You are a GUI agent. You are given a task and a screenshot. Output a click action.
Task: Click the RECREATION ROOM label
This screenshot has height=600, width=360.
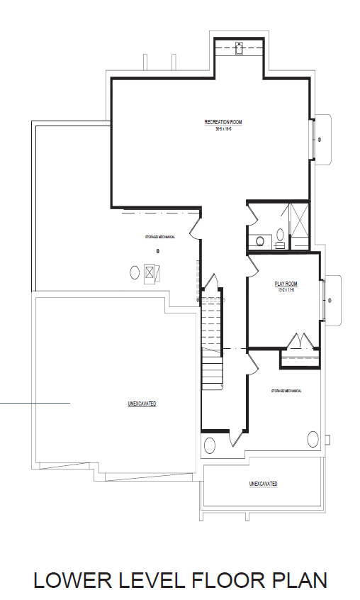coord(223,123)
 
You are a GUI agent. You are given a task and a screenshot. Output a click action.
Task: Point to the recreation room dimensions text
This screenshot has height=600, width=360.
coord(223,129)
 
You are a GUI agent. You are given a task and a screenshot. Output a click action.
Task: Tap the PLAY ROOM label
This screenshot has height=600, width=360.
coord(284,284)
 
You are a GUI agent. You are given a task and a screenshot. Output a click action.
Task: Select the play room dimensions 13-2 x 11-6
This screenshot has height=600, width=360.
coord(284,290)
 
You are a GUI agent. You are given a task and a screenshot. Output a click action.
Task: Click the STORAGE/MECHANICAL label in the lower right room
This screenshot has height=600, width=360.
coord(286,391)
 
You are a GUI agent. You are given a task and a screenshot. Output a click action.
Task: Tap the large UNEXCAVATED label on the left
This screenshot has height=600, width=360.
coord(142,404)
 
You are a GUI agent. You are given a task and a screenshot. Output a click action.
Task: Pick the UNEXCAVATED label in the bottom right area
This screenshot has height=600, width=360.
coord(263,484)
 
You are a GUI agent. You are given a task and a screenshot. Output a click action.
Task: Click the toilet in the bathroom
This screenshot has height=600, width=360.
coord(280,234)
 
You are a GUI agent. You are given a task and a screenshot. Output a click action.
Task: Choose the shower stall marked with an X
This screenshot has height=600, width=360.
coord(299,226)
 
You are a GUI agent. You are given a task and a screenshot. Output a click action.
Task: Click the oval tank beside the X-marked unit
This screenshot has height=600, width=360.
coord(135,272)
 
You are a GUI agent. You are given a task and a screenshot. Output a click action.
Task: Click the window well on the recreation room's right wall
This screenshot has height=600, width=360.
coord(321,140)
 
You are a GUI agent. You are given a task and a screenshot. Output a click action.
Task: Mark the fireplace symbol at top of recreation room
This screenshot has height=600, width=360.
coord(240,48)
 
